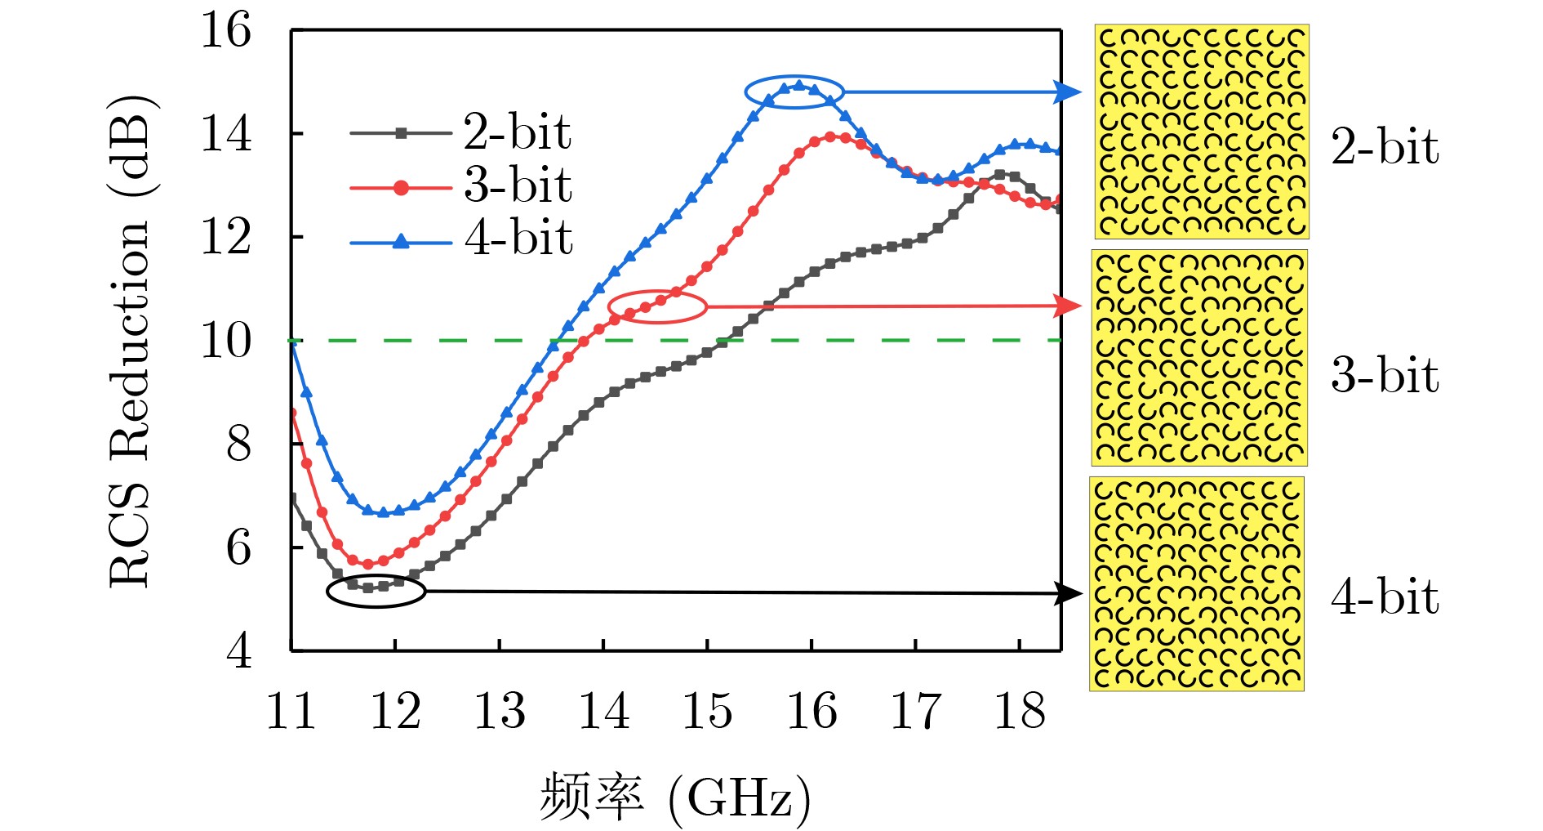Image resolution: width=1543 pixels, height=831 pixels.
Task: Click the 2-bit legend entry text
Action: point(517,132)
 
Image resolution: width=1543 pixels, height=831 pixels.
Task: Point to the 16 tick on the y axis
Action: point(226,31)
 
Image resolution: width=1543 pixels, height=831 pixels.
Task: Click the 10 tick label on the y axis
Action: point(226,341)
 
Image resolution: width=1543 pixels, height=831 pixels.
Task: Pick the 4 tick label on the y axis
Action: point(238,651)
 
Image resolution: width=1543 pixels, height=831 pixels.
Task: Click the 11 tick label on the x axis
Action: point(291,711)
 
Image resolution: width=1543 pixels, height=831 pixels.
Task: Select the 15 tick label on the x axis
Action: point(707,711)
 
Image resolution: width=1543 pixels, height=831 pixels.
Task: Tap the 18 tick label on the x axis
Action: point(1019,711)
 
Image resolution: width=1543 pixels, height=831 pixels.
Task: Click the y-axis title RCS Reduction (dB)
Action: point(131,341)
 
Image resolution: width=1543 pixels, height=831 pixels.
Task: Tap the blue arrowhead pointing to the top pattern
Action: point(1068,92)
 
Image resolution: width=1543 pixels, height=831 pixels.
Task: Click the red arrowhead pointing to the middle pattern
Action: point(1068,306)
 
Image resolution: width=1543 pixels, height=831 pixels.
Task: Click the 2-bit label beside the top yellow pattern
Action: point(1385,147)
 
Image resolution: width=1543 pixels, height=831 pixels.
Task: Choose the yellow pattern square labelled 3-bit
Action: point(1199,358)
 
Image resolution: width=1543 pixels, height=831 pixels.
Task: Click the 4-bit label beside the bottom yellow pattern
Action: point(1385,596)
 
